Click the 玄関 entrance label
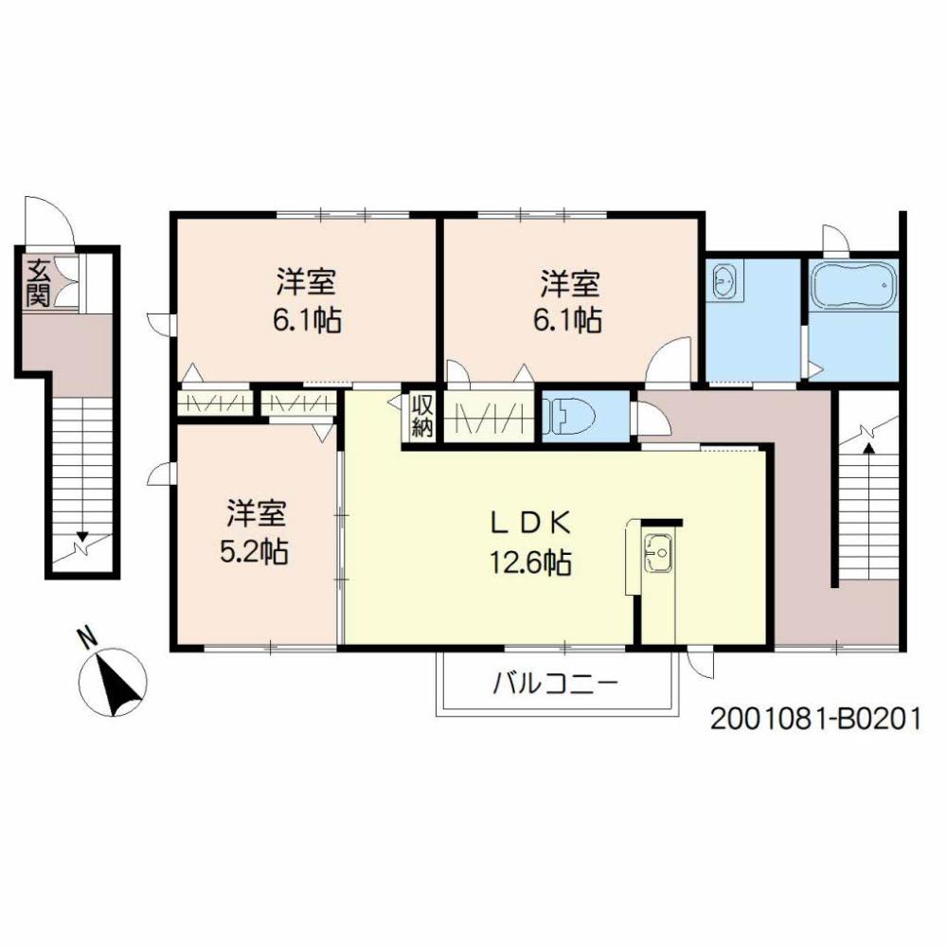38,282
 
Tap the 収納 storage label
422,416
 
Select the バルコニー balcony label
556,684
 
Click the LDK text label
530,523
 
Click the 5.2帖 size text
254,552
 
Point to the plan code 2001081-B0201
814,720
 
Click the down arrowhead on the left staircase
82,536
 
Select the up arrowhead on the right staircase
868,448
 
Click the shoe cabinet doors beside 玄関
66,282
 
